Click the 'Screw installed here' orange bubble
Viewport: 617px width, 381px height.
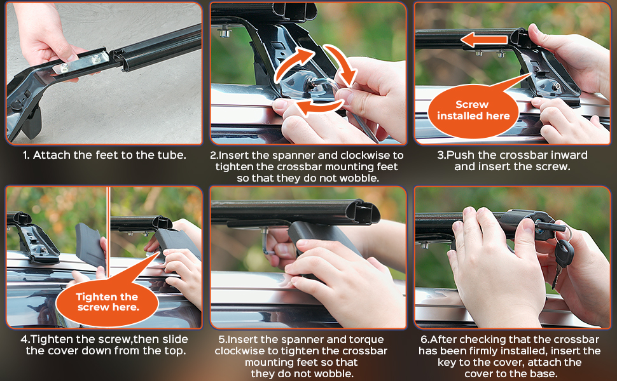[473, 111]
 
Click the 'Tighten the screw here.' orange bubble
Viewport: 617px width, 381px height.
[107, 302]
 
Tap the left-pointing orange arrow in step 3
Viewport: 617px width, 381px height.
[484, 39]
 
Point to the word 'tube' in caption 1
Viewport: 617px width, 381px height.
[170, 155]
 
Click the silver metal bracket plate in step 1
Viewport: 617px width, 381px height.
[80, 63]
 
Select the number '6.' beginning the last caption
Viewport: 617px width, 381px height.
[424, 339]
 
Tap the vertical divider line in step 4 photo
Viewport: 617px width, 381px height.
[108, 232]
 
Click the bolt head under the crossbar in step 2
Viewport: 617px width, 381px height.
[225, 31]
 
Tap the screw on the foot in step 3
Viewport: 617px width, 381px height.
[557, 86]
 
